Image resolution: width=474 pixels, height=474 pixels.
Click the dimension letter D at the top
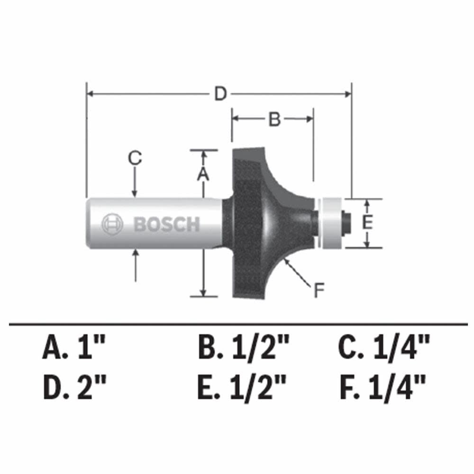219,94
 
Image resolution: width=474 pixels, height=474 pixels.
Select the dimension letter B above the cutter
275,119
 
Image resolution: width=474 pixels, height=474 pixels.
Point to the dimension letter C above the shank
135,158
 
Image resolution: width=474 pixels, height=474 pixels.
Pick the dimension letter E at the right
366,223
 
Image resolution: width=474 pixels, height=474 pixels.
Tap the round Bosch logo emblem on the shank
112,224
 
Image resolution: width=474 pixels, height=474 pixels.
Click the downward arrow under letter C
135,182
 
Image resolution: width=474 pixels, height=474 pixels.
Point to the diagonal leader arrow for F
296,272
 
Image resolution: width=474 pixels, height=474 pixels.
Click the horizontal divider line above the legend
237,325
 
